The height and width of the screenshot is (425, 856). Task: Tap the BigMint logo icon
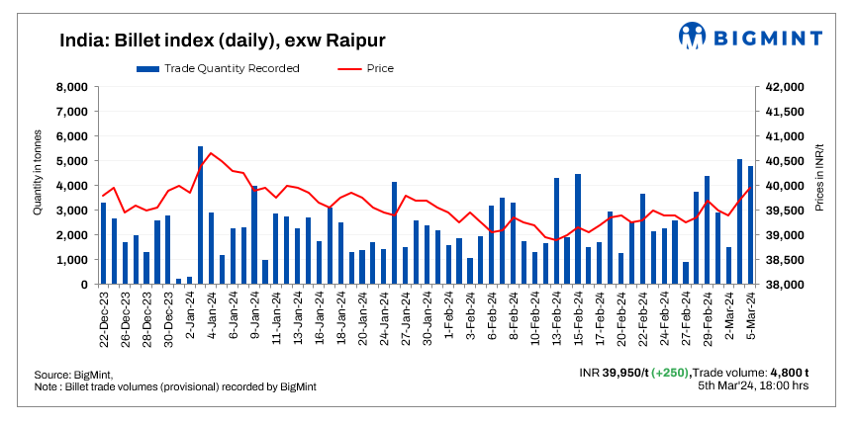(x=694, y=38)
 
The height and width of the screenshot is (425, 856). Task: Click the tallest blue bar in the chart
(x=201, y=215)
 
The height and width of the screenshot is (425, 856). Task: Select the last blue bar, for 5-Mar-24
(x=751, y=225)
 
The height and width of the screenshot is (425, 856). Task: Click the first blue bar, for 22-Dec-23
(x=103, y=243)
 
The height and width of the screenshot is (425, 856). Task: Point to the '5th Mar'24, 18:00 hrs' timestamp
(x=753, y=385)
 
